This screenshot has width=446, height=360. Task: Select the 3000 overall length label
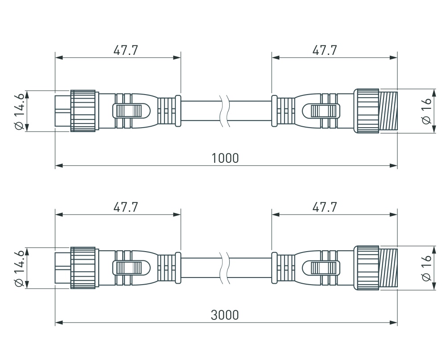pos(225,315)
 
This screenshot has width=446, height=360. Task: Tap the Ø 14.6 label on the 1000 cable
pos(19,111)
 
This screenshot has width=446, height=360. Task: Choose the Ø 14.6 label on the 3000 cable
pos(19,268)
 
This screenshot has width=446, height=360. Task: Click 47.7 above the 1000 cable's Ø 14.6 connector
pos(125,50)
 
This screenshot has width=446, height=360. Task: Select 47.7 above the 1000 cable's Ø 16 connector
pos(324,50)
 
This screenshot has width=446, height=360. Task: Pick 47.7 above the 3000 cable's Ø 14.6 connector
pos(125,207)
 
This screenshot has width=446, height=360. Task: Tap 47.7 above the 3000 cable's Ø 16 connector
pos(324,207)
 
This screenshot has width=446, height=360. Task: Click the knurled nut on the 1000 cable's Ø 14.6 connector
pos(84,111)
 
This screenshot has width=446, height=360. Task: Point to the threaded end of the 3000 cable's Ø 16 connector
pos(388,268)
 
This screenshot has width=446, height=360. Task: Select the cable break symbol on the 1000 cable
pos(225,111)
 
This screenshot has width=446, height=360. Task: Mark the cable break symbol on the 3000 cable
pos(225,268)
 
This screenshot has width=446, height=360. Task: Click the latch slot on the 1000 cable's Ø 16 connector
pos(321,111)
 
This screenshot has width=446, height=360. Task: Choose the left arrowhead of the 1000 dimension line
pos(58,166)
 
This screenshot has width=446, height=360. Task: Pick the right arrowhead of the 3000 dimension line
pos(394,323)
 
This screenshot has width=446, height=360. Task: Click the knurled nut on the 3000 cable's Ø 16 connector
pos(367,268)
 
